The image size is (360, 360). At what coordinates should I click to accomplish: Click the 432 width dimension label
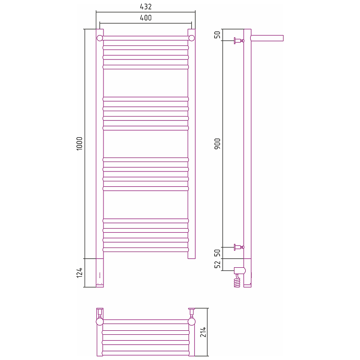tap(145, 7)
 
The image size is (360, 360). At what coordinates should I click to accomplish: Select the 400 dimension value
tap(145, 18)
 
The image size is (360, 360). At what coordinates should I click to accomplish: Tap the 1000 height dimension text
tap(79, 144)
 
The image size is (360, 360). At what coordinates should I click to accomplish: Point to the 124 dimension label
tap(79, 273)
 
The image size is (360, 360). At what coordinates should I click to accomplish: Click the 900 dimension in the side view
tap(217, 144)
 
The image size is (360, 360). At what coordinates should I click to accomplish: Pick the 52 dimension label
tap(217, 264)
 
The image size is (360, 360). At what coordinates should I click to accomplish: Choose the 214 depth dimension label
tap(203, 332)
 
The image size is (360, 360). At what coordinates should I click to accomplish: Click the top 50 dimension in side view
tap(217, 35)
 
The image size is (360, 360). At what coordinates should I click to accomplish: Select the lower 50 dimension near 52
tap(217, 253)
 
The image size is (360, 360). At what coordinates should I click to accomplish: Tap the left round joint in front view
tap(99, 38)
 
